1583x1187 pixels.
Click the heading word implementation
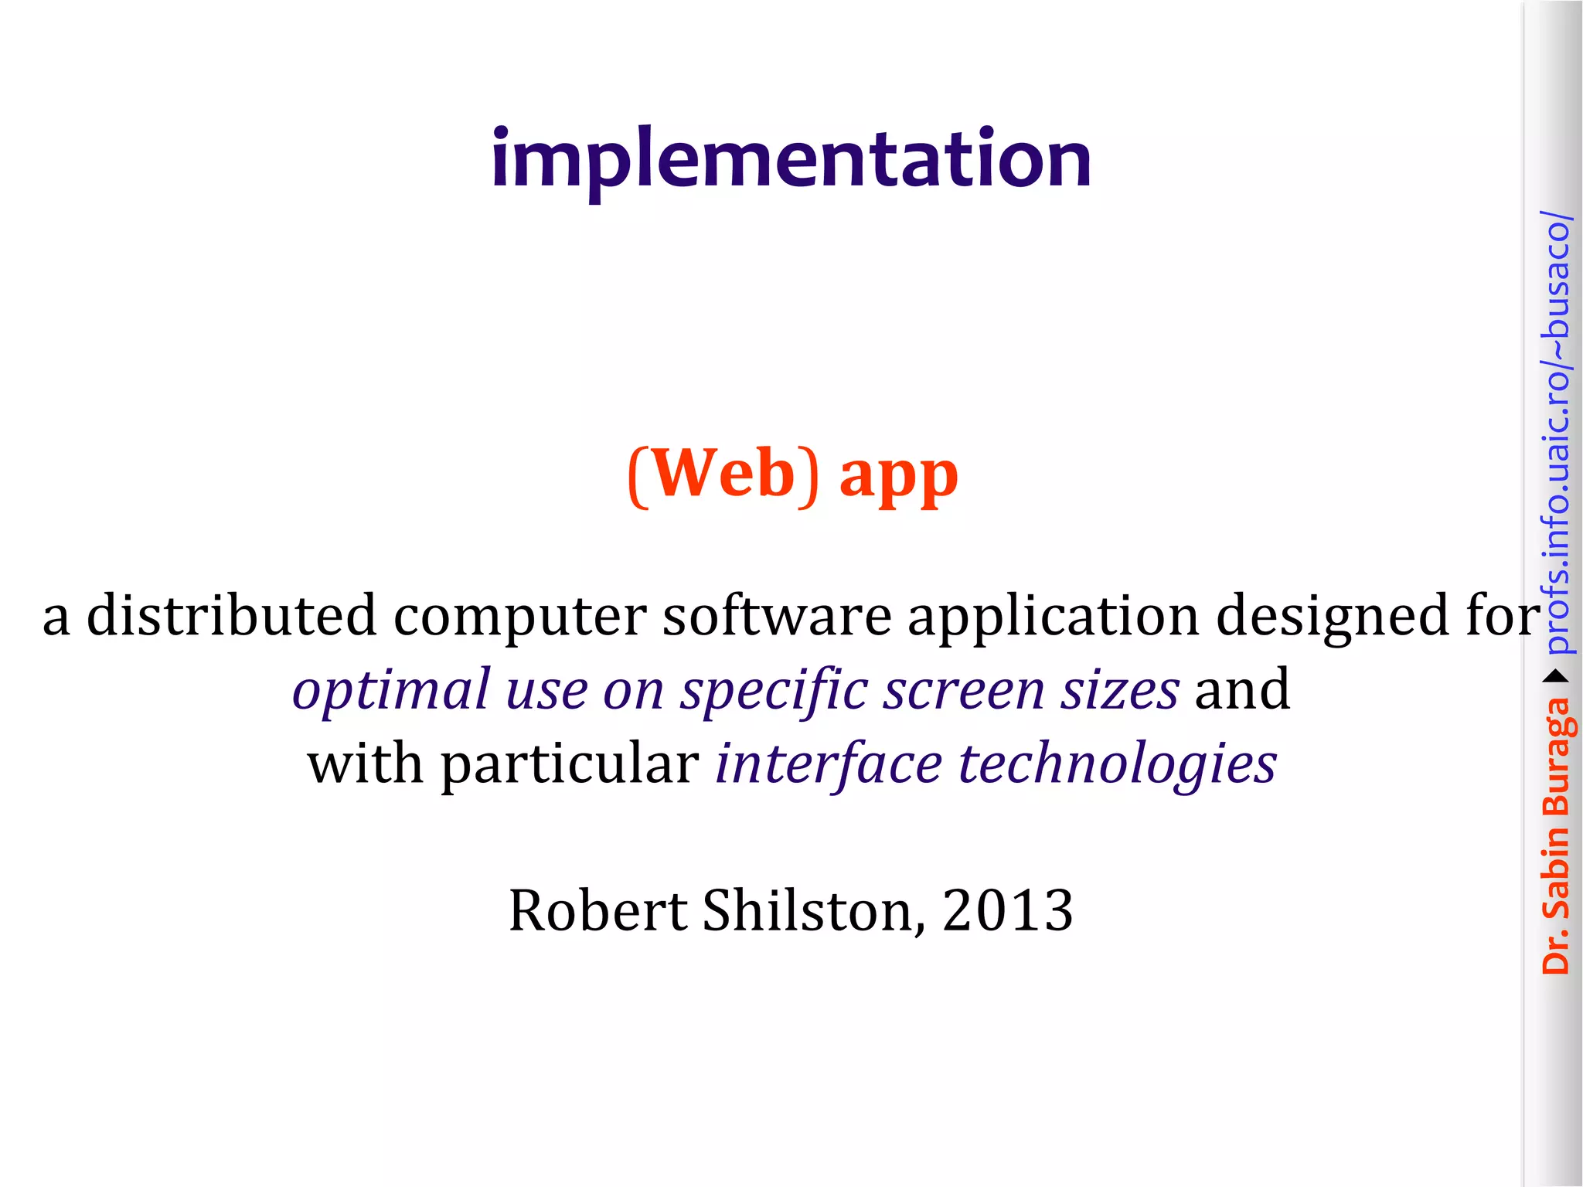791,160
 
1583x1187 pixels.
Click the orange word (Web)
723,474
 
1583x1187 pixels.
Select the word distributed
231,616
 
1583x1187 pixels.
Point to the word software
777,616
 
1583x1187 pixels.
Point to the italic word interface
829,764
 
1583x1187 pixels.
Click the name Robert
597,910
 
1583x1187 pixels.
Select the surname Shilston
813,910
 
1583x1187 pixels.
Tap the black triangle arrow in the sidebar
1556,677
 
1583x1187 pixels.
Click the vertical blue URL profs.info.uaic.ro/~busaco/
1556,433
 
